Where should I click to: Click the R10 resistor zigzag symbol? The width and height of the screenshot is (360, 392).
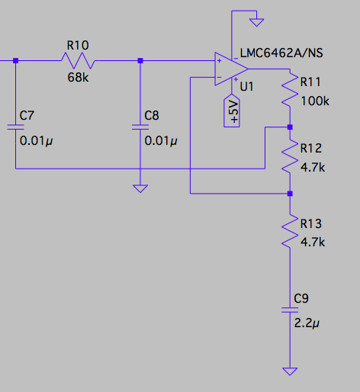point(78,60)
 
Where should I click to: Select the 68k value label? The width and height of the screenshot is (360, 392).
point(78,77)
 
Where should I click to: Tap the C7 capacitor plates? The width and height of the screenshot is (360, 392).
point(15,127)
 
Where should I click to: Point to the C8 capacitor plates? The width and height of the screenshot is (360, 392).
point(140,127)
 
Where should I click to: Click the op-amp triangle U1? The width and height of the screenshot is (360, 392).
point(231,69)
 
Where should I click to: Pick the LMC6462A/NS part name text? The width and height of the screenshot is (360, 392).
point(281,53)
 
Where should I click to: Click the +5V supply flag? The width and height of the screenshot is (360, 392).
point(232,111)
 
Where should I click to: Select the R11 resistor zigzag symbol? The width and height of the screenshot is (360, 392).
point(290,90)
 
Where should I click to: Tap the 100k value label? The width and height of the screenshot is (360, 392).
point(315,101)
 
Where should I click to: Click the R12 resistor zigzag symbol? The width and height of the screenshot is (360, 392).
point(290,156)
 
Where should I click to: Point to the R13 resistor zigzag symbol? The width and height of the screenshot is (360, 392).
point(290,231)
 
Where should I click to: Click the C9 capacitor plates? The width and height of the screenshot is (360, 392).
point(290,310)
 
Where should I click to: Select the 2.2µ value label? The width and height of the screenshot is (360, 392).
point(307,323)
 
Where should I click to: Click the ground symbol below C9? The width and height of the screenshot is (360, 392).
point(290,371)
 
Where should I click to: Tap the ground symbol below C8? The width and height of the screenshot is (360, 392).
point(140,188)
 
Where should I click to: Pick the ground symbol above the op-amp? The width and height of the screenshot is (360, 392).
point(256,22)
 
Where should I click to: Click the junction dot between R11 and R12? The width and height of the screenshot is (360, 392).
point(290,127)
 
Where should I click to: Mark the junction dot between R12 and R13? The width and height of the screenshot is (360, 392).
point(290,194)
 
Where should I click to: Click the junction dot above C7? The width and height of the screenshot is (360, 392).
point(15,60)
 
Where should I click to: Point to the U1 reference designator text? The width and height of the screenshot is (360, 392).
point(246,87)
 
